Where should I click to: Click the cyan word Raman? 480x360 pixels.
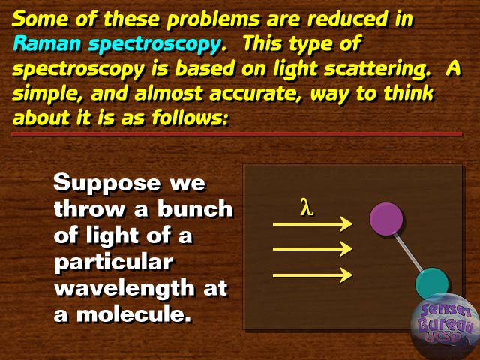[x=46, y=43]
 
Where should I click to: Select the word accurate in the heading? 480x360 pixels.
[x=256, y=93]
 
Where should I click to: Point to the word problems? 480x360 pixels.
[x=214, y=20]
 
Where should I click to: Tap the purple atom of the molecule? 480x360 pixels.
[x=386, y=219]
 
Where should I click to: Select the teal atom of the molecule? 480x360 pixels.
[x=432, y=283]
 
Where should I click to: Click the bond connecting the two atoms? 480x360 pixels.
[x=409, y=252]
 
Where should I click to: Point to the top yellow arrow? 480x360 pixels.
[x=313, y=224]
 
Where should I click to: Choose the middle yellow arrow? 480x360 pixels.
[x=313, y=249]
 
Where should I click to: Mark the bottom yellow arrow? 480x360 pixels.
[x=313, y=275]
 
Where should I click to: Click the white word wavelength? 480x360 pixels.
[x=124, y=288]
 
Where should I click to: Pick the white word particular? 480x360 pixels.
[x=114, y=263]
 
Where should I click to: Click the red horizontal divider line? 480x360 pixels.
[x=237, y=134]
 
